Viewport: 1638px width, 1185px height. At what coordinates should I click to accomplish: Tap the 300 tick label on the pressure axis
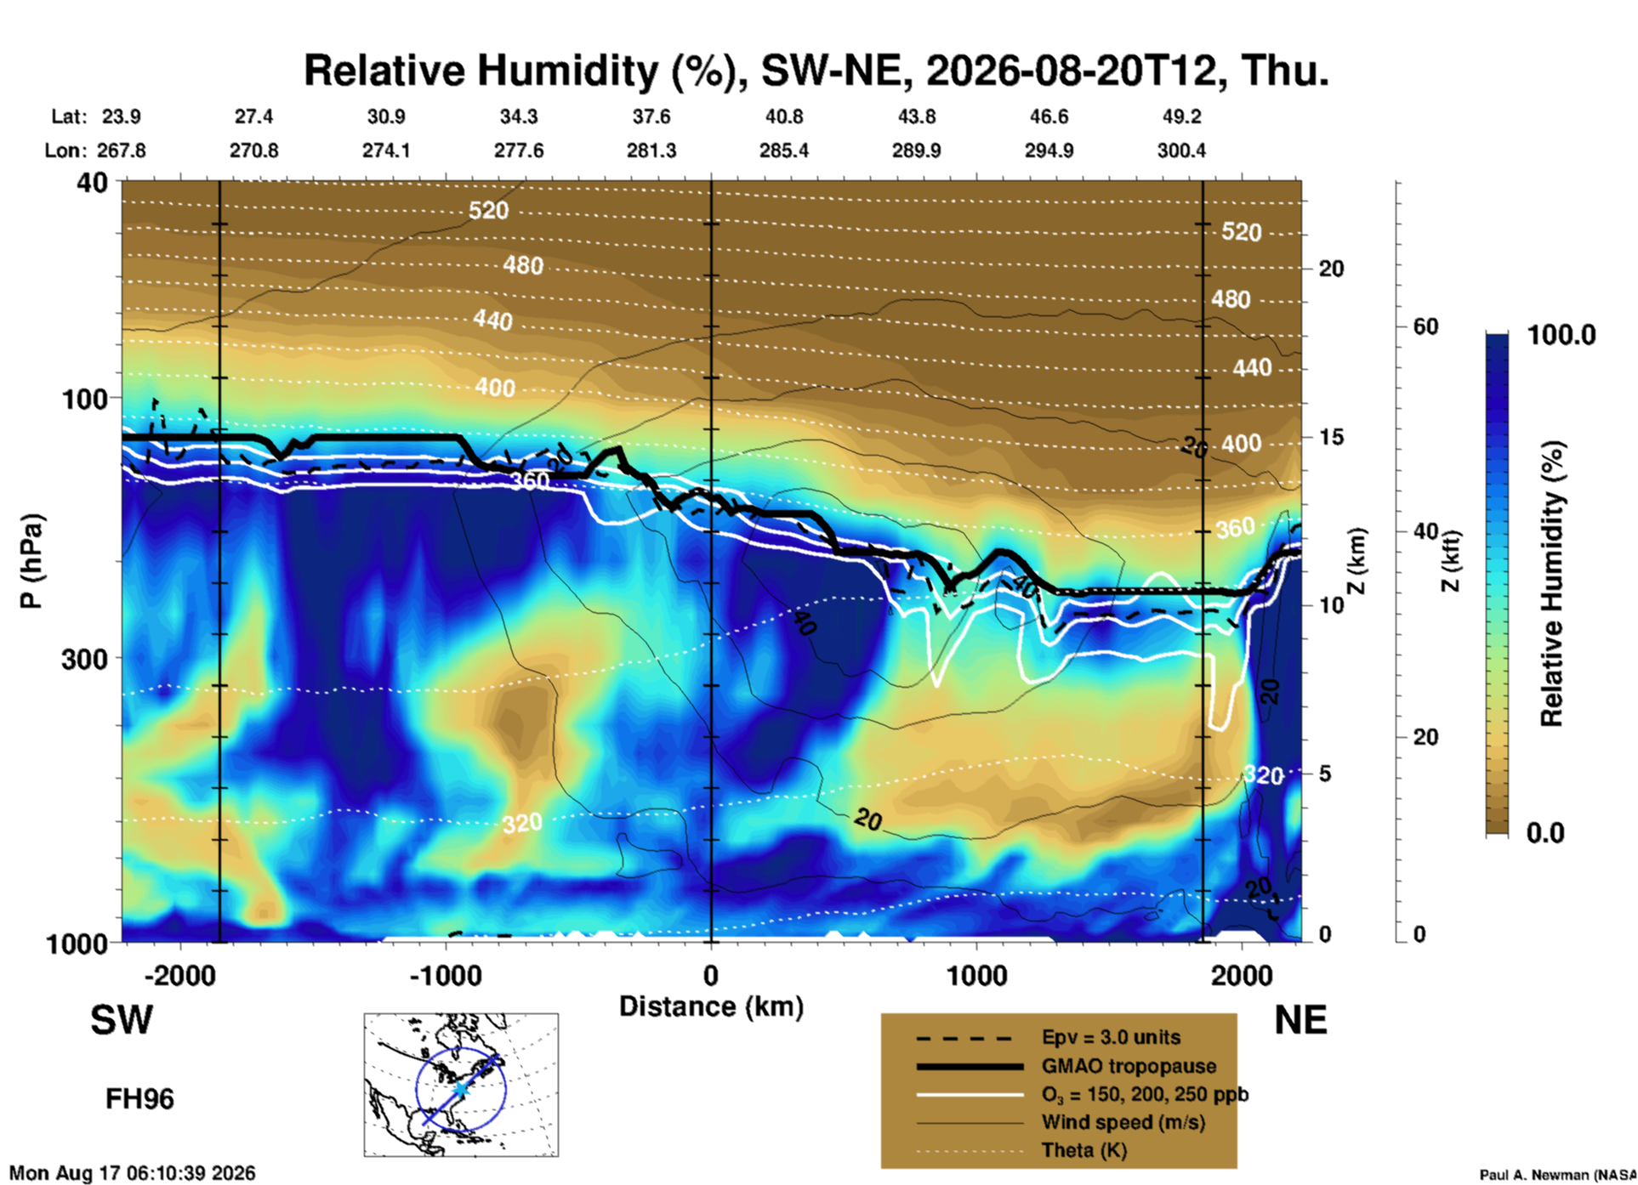(x=85, y=659)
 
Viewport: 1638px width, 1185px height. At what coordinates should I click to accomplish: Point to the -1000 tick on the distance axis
(x=446, y=976)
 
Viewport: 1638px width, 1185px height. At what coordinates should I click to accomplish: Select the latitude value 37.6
(x=651, y=116)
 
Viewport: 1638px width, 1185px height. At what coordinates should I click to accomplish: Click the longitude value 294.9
(x=1049, y=150)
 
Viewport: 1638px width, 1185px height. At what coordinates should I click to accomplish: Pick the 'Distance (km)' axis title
(x=711, y=1006)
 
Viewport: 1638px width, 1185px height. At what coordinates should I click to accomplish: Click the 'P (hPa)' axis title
(x=31, y=561)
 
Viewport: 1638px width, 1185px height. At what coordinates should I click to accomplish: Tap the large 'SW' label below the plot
(x=122, y=1020)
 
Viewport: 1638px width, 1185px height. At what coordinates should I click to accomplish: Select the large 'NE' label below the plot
(x=1300, y=1020)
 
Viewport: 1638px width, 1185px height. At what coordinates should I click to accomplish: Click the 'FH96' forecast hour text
(x=139, y=1099)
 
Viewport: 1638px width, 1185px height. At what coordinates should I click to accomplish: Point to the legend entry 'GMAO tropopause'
(x=1129, y=1066)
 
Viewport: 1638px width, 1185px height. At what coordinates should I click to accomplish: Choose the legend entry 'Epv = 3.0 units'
(x=1111, y=1038)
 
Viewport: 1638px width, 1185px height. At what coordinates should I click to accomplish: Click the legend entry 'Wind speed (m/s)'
(x=1123, y=1122)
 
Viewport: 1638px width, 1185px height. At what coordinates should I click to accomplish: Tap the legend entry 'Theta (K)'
(x=1084, y=1150)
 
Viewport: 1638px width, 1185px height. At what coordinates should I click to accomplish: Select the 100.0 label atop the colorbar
(x=1561, y=335)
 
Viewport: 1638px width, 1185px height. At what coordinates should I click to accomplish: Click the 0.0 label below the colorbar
(x=1545, y=832)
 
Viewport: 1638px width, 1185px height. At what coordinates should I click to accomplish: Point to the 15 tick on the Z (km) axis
(x=1331, y=437)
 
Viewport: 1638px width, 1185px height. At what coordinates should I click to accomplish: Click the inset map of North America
(x=461, y=1085)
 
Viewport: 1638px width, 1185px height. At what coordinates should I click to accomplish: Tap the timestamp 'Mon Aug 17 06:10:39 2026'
(x=132, y=1173)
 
